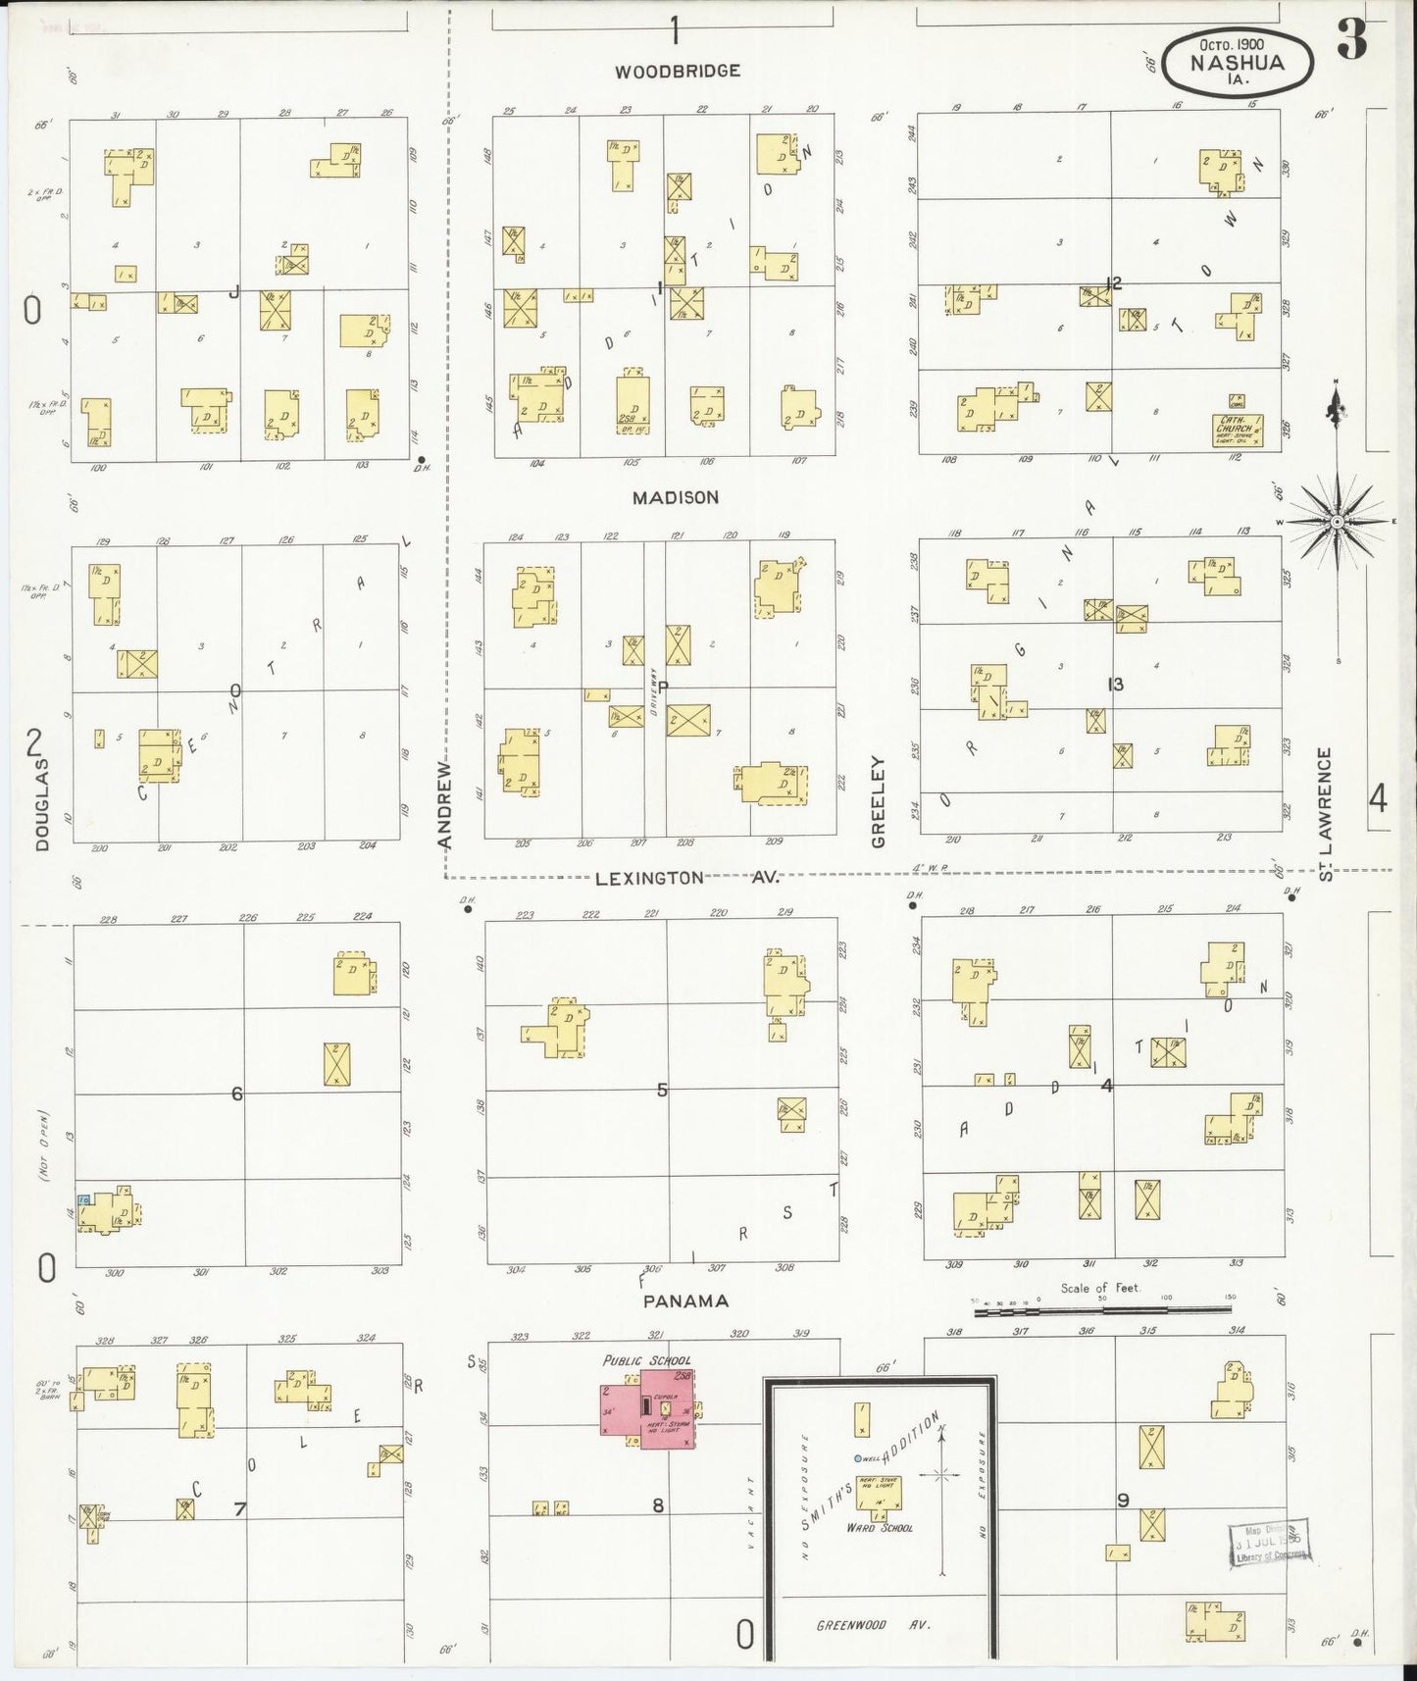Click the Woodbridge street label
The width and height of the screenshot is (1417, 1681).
677,72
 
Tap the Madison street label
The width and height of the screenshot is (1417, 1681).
676,498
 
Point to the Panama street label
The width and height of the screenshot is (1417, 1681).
686,1301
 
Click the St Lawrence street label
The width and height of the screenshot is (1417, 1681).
1326,814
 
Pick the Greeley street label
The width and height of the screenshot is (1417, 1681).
878,801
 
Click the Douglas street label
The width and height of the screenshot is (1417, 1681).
41,804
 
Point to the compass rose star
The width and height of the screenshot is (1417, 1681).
1336,522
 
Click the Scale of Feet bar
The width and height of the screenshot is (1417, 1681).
1103,1308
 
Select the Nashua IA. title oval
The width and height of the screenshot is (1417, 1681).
1238,62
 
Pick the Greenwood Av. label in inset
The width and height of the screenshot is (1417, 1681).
872,1625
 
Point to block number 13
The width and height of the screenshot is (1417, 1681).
1115,685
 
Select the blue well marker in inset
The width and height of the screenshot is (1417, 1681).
857,1458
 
